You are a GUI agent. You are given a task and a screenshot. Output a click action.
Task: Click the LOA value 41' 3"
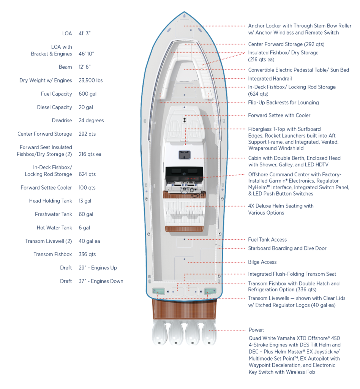coord(85,33)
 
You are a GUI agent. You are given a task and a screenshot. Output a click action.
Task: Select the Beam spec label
coord(65,67)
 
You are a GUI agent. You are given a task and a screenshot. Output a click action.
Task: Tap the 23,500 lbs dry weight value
coord(90,81)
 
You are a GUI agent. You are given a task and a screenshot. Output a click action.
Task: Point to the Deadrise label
coord(62,120)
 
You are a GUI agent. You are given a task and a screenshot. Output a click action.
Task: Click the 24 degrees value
coord(91,120)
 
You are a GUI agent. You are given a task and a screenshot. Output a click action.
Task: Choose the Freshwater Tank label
coord(53,214)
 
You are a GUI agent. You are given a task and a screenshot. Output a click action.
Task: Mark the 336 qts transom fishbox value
coord(87,254)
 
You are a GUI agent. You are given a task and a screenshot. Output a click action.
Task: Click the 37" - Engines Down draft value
coord(101,281)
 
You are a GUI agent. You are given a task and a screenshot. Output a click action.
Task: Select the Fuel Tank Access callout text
coord(267,240)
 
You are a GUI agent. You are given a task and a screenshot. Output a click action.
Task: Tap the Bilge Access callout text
coord(262,262)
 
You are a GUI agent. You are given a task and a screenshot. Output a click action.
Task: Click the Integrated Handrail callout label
coord(270,79)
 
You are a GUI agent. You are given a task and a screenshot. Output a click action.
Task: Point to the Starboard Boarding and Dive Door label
coord(287,248)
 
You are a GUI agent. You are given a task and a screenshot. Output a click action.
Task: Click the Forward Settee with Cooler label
coord(279,115)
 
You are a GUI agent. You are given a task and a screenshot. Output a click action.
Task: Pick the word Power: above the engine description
coord(256,330)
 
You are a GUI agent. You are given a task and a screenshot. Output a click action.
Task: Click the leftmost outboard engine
coord(159,332)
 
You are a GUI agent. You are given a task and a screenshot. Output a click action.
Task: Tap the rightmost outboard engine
coord(209,332)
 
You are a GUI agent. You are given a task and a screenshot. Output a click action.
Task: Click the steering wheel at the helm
coord(185,191)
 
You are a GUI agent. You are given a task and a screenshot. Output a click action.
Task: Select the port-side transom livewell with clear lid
coord(158,291)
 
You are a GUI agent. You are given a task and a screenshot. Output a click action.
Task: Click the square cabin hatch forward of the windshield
coord(185,155)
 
